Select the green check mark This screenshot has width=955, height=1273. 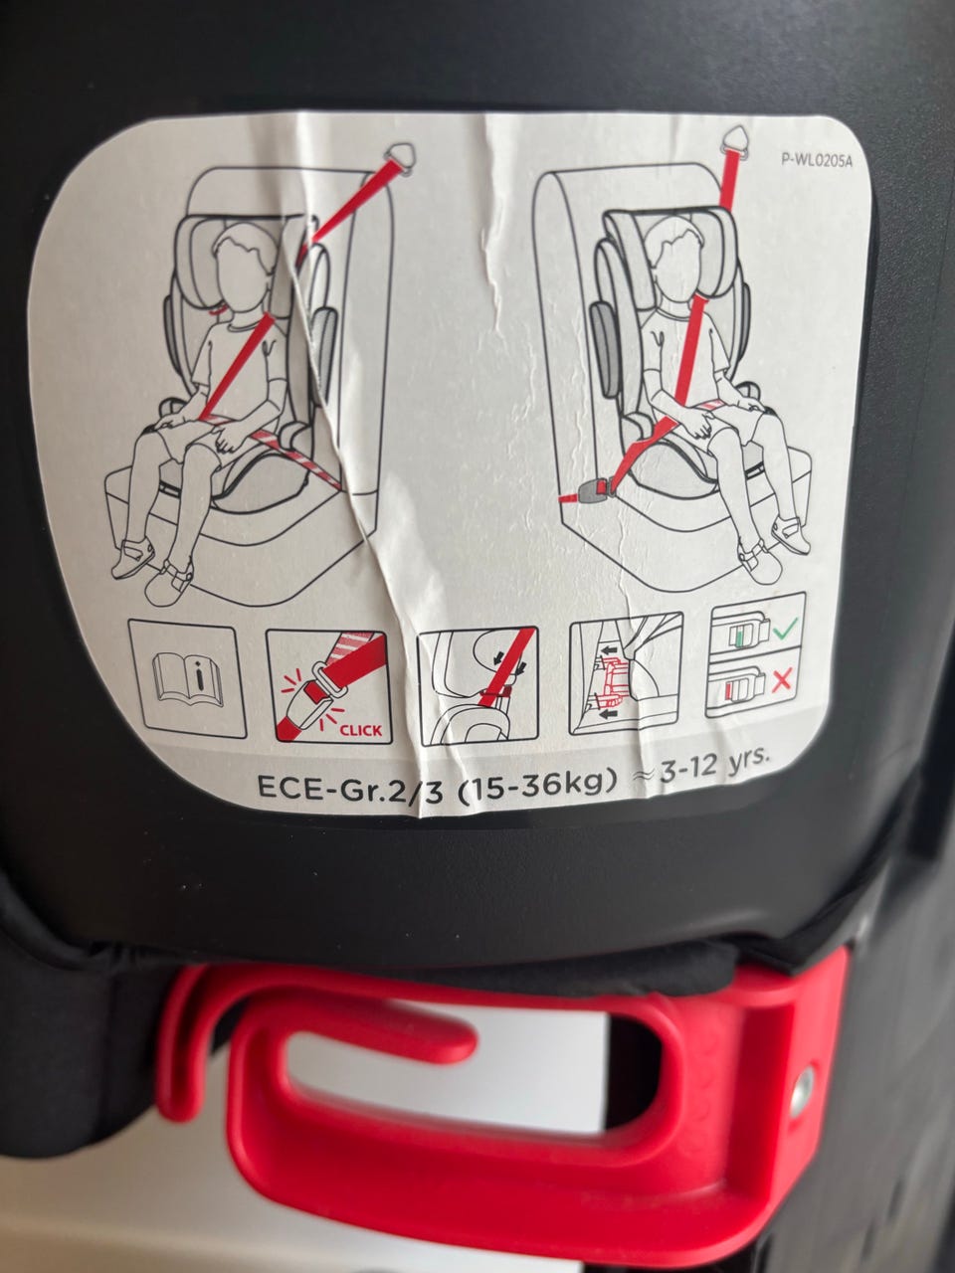(x=784, y=626)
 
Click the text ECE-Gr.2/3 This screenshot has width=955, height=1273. (x=349, y=788)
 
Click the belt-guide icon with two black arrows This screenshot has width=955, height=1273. (x=477, y=686)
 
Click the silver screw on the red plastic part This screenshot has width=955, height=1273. (x=803, y=1090)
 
